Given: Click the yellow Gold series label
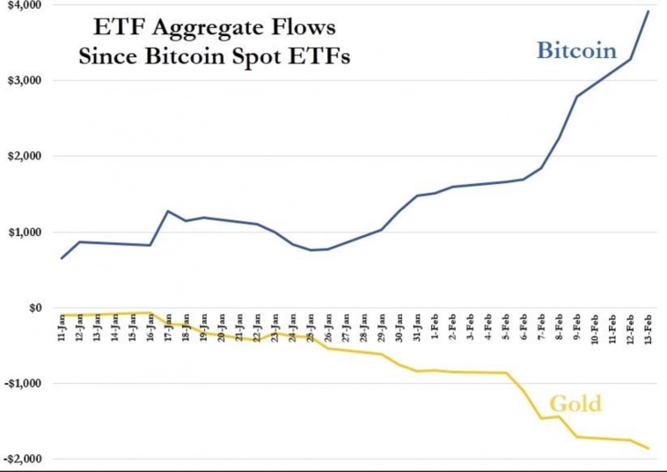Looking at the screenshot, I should pos(575,404).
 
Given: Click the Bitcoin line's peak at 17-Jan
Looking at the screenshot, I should pos(168,210).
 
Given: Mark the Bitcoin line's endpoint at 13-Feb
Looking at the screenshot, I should pos(649,11).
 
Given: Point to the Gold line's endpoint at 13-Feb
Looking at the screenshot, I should pos(649,449).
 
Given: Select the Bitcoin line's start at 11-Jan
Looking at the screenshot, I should pos(62,258).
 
